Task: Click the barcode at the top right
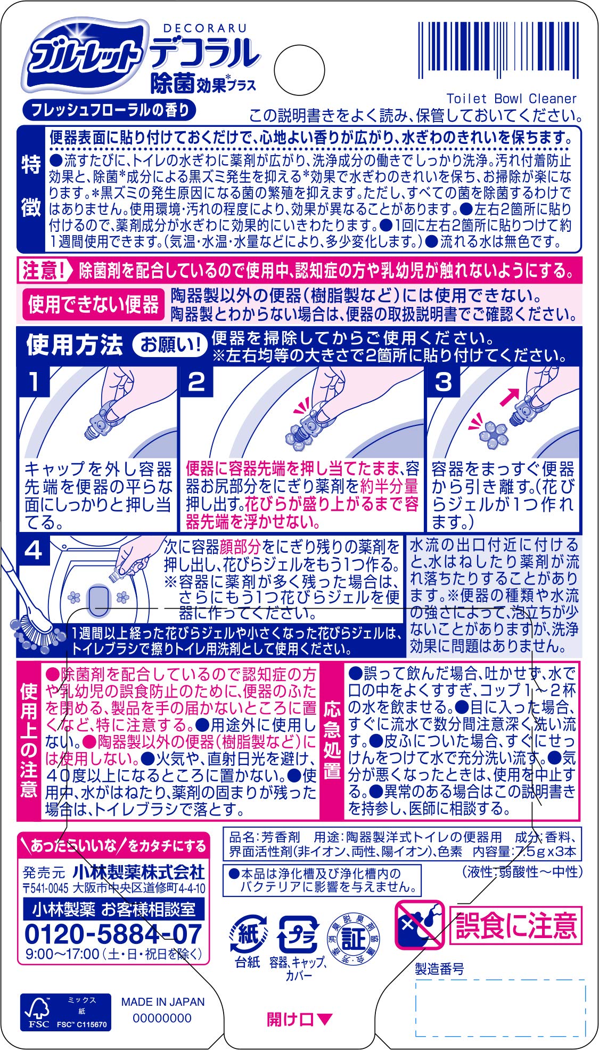coord(498,51)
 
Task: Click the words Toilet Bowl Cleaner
coord(512,99)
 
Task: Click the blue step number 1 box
coord(34,381)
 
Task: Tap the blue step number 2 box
coord(196,381)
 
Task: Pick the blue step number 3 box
coord(444,381)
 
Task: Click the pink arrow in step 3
coord(510,398)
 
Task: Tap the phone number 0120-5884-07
coord(113,934)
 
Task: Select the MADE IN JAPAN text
coord(162,1002)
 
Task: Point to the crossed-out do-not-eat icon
coord(420,925)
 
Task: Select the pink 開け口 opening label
coord(299,1019)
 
